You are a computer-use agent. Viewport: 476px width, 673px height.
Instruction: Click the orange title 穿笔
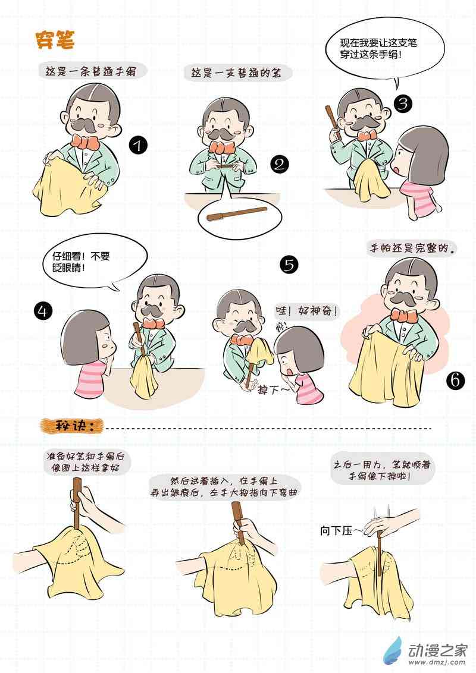click(x=55, y=40)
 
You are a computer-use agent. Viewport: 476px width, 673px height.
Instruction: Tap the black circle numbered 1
click(x=138, y=145)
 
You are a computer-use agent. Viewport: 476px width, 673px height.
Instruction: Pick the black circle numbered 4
click(x=43, y=310)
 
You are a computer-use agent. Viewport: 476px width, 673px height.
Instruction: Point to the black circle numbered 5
click(x=289, y=265)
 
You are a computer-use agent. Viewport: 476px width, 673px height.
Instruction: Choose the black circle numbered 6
click(x=455, y=380)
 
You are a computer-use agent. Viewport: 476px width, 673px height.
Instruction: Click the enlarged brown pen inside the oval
click(x=237, y=213)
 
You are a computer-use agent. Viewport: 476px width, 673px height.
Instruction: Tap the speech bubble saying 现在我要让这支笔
click(x=383, y=49)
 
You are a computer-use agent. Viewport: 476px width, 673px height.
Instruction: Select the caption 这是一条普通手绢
click(x=90, y=71)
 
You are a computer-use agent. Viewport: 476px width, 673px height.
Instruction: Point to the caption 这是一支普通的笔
click(x=236, y=73)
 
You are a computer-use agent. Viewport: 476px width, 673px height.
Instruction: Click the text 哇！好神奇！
click(x=306, y=310)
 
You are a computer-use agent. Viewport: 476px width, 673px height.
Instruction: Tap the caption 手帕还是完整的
click(x=413, y=249)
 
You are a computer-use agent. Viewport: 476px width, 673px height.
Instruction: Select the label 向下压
click(x=336, y=530)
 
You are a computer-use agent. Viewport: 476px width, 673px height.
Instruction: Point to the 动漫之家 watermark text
click(x=437, y=650)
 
